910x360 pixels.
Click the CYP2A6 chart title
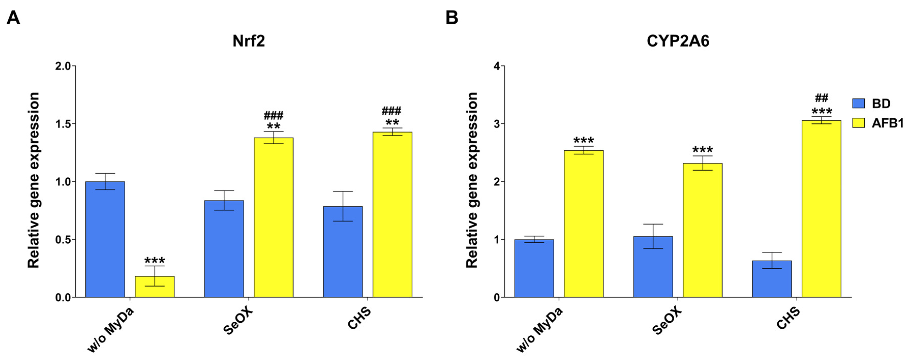(x=677, y=41)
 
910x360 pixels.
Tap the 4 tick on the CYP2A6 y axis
(x=497, y=66)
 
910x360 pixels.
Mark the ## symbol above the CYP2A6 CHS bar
(x=821, y=98)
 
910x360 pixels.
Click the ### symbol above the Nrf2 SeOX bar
(x=273, y=115)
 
